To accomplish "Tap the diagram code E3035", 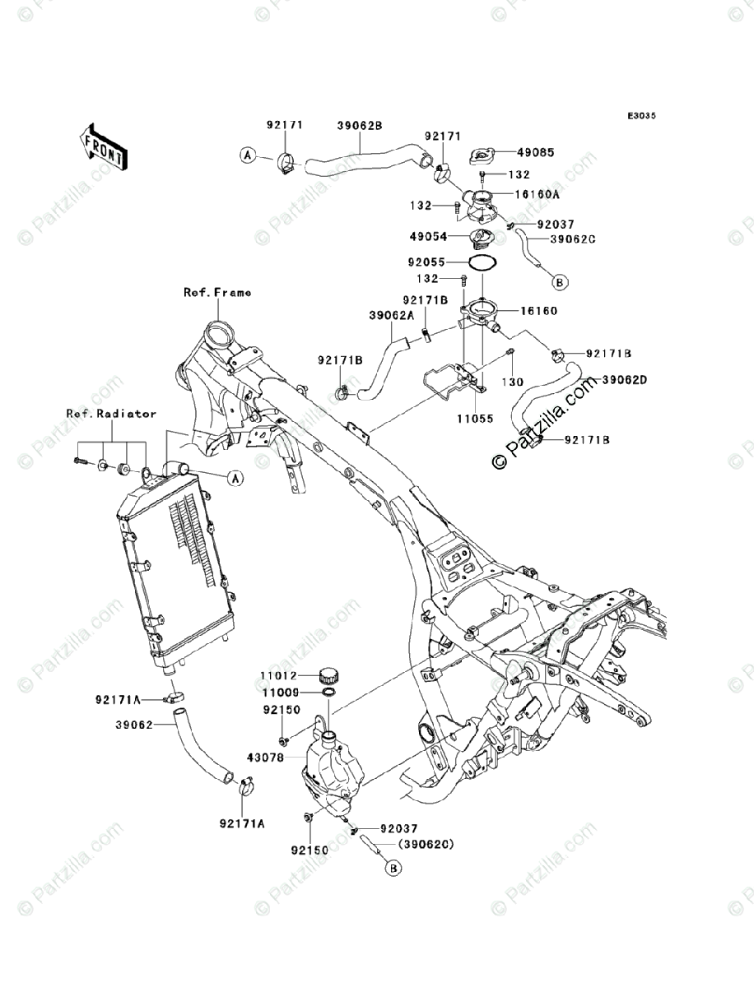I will (x=640, y=116).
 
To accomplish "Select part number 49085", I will (x=535, y=153).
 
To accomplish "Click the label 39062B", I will (x=360, y=126).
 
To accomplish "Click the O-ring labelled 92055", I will (x=482, y=262).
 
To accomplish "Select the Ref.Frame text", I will (x=217, y=292).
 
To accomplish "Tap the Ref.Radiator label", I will (x=112, y=414).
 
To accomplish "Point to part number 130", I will (x=513, y=382).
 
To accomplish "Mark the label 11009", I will (x=280, y=693).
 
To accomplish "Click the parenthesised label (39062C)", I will (x=426, y=844).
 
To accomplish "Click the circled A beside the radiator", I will (x=233, y=477).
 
